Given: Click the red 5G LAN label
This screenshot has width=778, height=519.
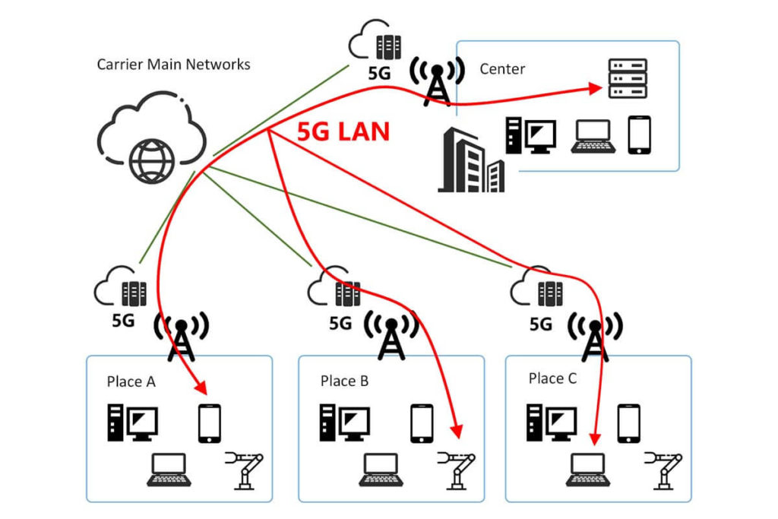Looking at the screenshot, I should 343,131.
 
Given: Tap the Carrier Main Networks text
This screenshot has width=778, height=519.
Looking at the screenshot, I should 173,65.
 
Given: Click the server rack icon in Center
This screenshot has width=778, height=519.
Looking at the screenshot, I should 628,78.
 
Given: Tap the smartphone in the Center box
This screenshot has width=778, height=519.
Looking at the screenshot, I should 639,135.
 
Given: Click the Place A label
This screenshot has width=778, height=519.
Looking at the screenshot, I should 131,381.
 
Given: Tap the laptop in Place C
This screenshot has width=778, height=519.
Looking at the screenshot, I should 586,470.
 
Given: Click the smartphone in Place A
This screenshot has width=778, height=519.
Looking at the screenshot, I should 209,423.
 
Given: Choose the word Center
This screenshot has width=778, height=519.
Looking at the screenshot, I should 502,69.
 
